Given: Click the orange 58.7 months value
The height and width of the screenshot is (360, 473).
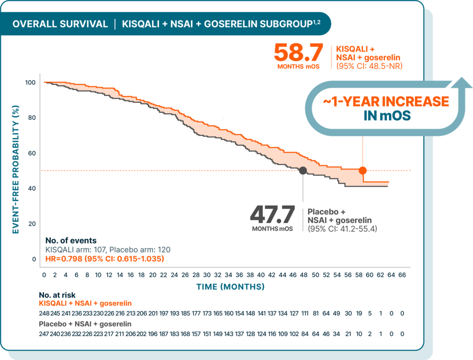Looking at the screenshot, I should (x=298, y=52).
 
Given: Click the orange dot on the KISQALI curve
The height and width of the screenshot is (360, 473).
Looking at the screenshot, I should (x=362, y=171).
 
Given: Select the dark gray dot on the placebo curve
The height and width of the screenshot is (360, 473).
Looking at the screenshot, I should (x=303, y=171).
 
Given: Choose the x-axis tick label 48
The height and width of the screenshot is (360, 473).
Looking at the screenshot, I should (x=304, y=275).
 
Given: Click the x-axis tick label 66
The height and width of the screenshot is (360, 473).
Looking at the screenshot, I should (x=402, y=275).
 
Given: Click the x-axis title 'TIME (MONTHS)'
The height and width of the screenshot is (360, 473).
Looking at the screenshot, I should (x=231, y=287).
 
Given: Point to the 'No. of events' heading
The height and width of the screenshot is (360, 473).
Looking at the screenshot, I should (x=71, y=241).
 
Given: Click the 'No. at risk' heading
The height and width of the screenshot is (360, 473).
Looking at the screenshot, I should (x=60, y=295).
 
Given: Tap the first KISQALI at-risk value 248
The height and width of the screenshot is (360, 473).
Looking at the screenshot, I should (x=44, y=313).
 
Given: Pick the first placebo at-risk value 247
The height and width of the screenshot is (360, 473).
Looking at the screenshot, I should (x=44, y=334).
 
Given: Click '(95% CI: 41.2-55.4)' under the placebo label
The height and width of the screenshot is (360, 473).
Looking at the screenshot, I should (x=342, y=229).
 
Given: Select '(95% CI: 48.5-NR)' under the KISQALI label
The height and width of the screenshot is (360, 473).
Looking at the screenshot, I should (x=369, y=65).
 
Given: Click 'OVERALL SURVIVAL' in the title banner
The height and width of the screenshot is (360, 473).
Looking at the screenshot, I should (x=60, y=24).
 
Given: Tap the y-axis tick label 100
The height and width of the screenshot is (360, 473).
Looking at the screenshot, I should (x=30, y=83).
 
